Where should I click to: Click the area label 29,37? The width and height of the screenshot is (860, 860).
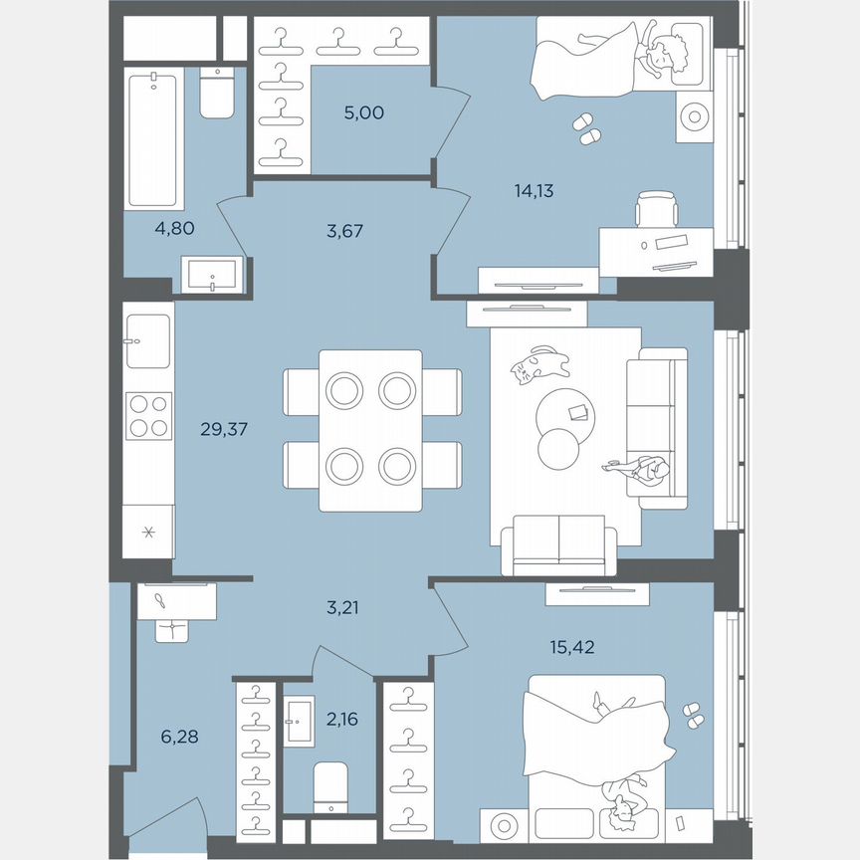coord(224,430)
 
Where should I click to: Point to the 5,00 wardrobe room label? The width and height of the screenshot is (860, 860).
coord(363,112)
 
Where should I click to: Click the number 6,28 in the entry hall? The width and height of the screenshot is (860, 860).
coord(181,737)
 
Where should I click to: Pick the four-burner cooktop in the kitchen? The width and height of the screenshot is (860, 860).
coord(148,415)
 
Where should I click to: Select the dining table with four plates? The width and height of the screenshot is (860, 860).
coord(371,430)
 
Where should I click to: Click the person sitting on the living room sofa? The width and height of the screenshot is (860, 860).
coord(644,468)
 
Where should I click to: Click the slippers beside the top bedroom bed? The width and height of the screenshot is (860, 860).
coord(587,129)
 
